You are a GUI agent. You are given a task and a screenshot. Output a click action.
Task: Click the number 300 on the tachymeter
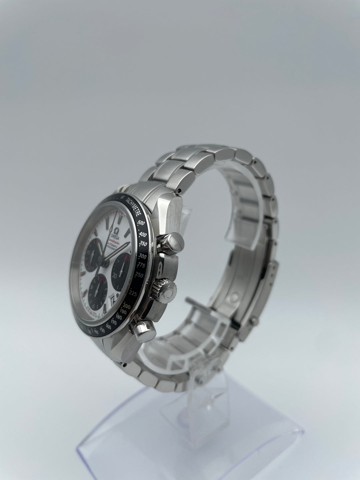click(143, 256)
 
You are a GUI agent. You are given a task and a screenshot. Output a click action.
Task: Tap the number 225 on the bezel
click(134, 293)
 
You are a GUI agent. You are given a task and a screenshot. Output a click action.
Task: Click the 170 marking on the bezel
click(114, 322)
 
